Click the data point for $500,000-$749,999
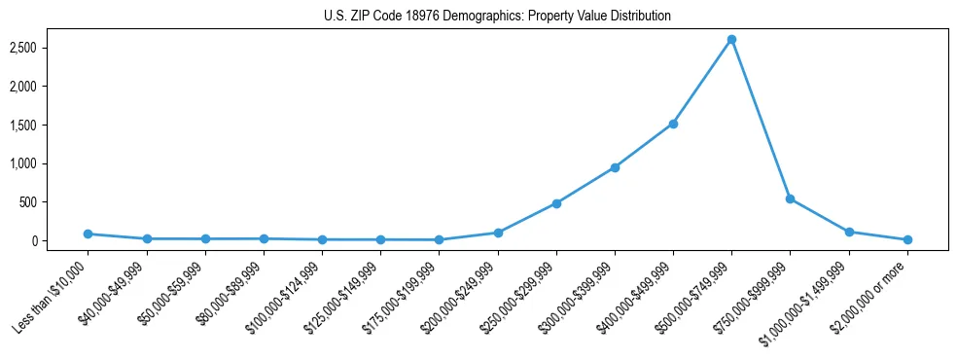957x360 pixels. click(731, 40)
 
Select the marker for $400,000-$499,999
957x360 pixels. click(673, 124)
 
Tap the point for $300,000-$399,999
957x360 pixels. click(615, 167)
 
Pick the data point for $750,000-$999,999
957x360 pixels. click(790, 198)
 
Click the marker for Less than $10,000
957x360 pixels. click(88, 234)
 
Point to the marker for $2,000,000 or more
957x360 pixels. click(907, 239)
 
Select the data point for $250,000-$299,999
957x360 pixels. click(556, 203)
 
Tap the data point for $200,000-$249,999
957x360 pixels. click(498, 233)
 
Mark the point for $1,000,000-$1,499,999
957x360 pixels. click(849, 232)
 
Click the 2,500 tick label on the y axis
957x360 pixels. click(50, 48)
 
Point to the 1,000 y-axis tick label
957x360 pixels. click(50, 163)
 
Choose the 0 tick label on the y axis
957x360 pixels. click(59, 240)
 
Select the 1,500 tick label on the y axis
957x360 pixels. click(50, 125)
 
